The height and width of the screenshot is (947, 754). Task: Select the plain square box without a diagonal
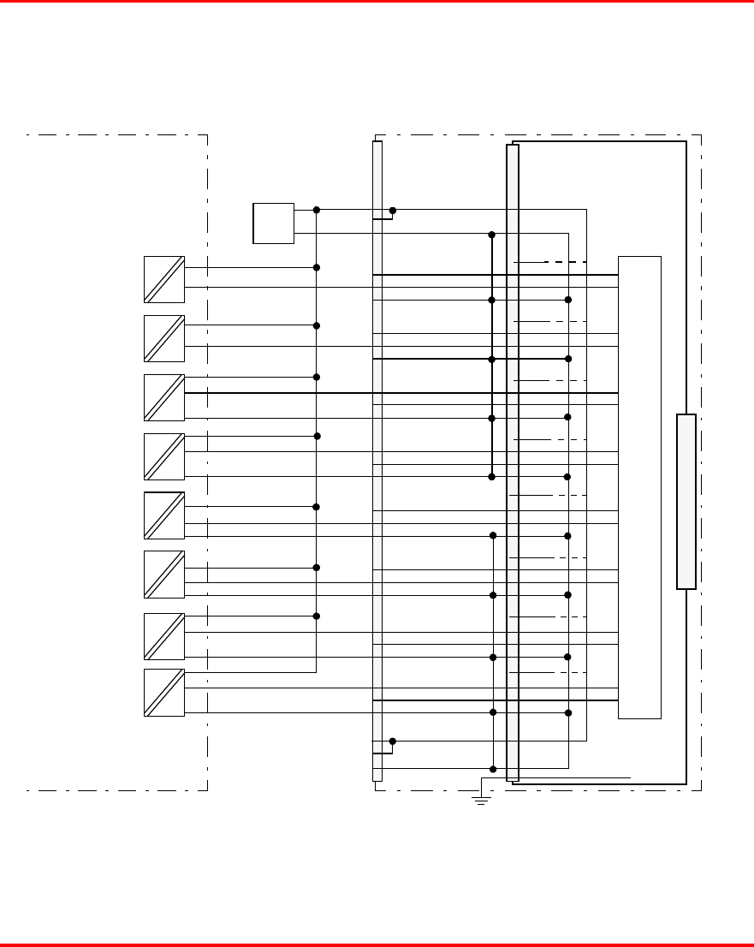(274, 223)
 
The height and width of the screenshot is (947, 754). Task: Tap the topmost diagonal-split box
(164, 279)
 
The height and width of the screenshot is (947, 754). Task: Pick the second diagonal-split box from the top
(164, 338)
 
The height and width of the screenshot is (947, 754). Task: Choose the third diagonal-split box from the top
(164, 397)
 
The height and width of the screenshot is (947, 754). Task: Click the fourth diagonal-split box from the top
(164, 456)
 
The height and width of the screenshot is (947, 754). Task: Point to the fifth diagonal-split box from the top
(164, 515)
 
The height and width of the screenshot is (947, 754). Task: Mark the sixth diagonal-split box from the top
(164, 575)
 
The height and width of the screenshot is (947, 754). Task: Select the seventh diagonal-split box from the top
(164, 637)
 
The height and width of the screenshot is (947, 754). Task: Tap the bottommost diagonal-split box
(164, 693)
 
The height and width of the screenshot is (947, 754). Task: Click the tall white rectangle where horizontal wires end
(639, 486)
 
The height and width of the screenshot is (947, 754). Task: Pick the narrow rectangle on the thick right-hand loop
(686, 502)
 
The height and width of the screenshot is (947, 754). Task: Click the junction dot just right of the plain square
(317, 210)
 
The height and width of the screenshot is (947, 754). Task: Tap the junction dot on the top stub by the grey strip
(393, 210)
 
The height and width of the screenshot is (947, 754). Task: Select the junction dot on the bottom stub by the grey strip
(392, 741)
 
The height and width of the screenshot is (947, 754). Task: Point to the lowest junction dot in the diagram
(493, 769)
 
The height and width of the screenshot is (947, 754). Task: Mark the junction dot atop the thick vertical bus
(492, 235)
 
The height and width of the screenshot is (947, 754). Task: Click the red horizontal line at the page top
(377, 2)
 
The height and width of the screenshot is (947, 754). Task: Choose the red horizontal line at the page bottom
(377, 944)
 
